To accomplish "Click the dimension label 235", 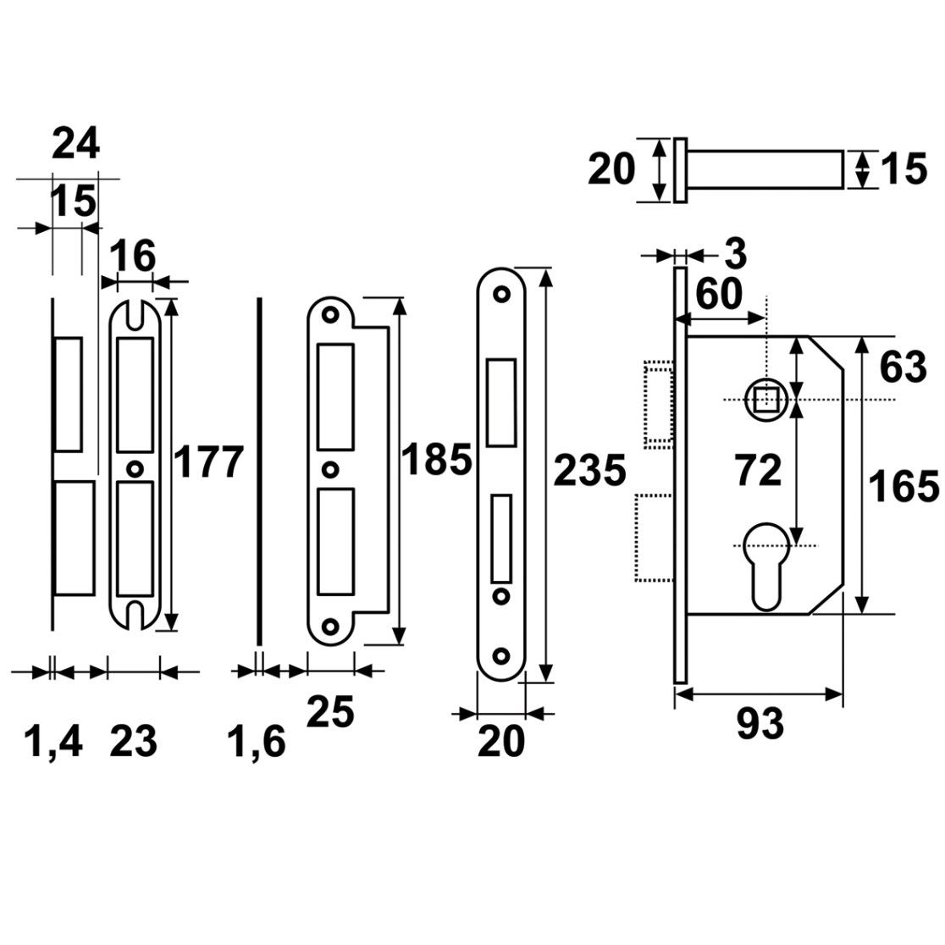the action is (589, 471).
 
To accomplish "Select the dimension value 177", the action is (208, 462).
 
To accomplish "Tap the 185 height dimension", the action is (436, 460).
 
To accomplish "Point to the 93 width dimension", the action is (760, 723).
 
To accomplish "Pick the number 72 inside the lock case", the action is (758, 471).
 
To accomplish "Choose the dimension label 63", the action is (903, 367).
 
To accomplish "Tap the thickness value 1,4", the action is (53, 742).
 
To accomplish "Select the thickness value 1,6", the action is (256, 742).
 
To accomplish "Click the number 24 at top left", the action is (76, 145).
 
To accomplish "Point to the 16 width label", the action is (133, 256).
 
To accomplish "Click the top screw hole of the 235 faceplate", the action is (501, 295).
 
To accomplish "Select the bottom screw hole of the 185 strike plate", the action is (329, 627).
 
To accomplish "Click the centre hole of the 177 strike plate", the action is (135, 468).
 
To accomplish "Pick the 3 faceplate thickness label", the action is (735, 254).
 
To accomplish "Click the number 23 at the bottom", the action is (133, 741).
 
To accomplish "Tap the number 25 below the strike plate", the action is (330, 712).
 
